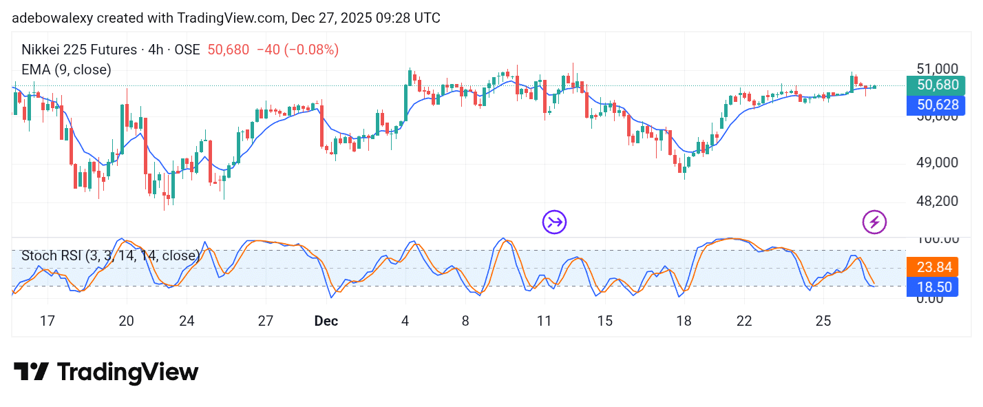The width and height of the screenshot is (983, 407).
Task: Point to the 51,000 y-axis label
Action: tap(937, 69)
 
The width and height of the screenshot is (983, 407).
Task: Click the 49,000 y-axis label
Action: tap(937, 163)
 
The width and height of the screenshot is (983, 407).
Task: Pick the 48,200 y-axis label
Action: tap(937, 201)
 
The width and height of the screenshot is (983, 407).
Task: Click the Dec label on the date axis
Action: tap(326, 321)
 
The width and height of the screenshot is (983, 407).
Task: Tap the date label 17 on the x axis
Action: tap(47, 321)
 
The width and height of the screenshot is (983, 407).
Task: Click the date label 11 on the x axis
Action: tap(545, 321)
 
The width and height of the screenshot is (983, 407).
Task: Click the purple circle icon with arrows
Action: tap(554, 222)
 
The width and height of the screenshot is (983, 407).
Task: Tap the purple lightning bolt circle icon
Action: tap(874, 222)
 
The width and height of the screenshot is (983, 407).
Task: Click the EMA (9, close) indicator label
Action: tap(66, 70)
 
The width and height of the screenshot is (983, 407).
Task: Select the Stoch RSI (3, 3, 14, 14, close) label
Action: tap(110, 255)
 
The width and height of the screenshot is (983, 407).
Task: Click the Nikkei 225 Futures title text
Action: tap(79, 50)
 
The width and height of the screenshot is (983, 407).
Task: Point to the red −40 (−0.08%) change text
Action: tap(297, 50)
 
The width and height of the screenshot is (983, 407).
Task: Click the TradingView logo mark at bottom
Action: tap(31, 372)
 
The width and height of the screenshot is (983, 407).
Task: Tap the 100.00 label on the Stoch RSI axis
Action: tap(937, 239)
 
